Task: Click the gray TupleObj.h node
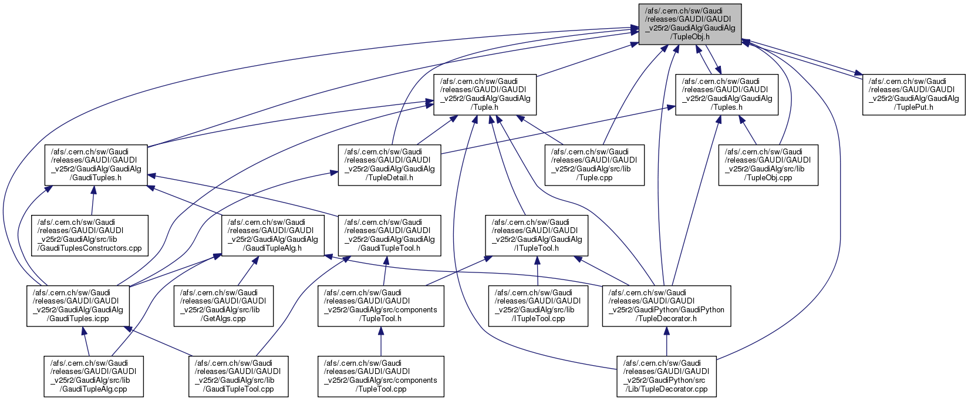[x=690, y=24]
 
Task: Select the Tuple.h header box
[x=484, y=95]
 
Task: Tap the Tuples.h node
[x=727, y=95]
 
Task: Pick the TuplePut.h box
[x=913, y=95]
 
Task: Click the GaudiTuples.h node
[x=96, y=165]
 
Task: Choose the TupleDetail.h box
[x=389, y=165]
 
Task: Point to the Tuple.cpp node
[x=594, y=165]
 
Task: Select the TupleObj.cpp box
[x=768, y=165]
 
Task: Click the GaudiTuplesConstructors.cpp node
[x=90, y=235]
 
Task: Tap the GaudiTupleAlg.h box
[x=272, y=235]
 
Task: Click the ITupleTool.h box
[x=537, y=235]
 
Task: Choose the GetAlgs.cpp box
[x=223, y=306]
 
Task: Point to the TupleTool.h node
[x=380, y=306]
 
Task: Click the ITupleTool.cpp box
[x=538, y=306]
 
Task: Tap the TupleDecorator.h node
[x=666, y=306]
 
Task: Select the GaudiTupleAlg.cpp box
[x=93, y=376]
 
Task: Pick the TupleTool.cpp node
[x=380, y=376]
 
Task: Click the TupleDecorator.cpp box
[x=666, y=376]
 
